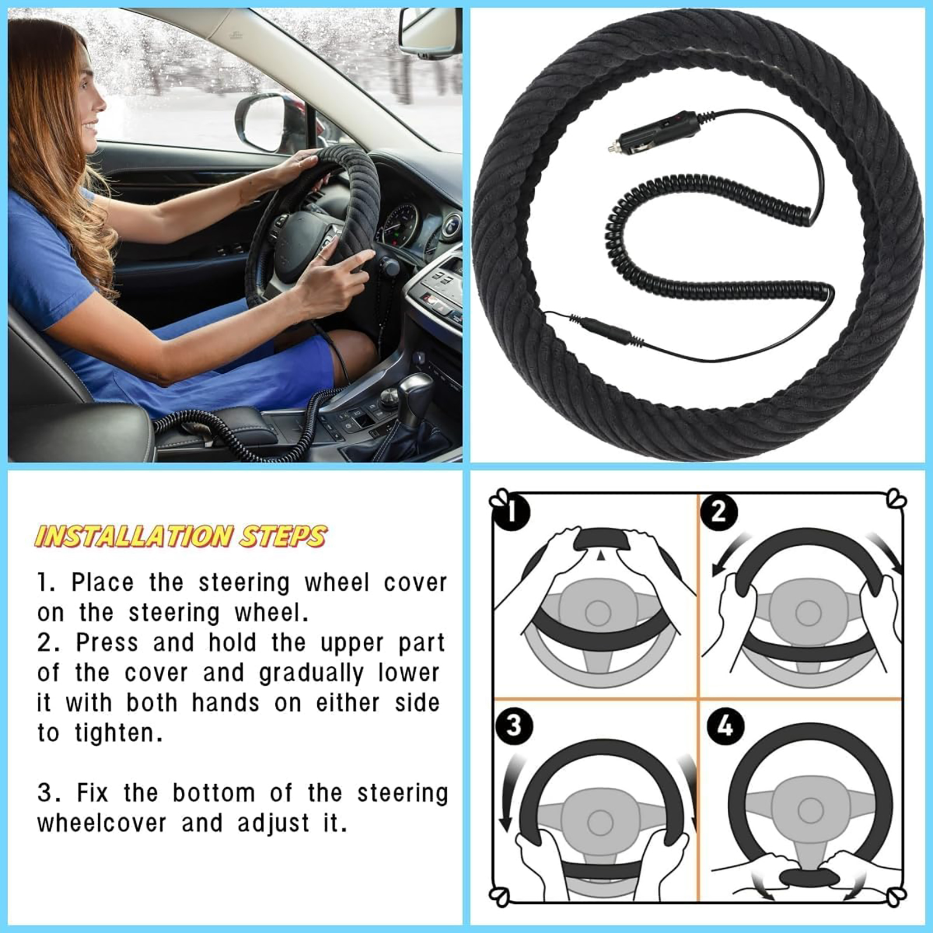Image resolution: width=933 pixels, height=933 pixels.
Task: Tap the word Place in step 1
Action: click(x=103, y=583)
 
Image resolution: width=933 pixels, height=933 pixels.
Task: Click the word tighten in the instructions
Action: click(x=116, y=733)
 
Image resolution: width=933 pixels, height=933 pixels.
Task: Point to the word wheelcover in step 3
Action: click(x=102, y=823)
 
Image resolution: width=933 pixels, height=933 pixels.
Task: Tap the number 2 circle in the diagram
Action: click(x=719, y=512)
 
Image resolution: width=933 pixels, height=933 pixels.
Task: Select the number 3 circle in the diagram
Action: click(x=513, y=726)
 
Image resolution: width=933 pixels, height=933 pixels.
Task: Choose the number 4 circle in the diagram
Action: click(x=725, y=726)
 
